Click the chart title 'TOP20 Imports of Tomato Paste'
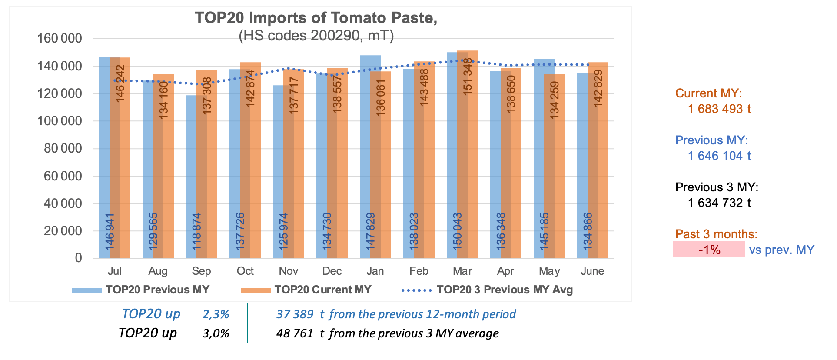click(x=316, y=18)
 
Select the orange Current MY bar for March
click(x=468, y=154)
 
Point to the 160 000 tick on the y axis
click(x=60, y=38)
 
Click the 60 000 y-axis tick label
click(x=63, y=176)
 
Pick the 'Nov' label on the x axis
click(x=289, y=271)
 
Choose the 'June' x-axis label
click(x=592, y=271)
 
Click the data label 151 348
click(x=468, y=76)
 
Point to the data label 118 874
click(x=196, y=231)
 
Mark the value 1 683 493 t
click(x=719, y=109)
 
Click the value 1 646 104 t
click(x=719, y=156)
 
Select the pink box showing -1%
click(x=708, y=249)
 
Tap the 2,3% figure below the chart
click(x=216, y=314)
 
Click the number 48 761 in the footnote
click(x=295, y=333)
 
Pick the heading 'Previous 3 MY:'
click(x=717, y=187)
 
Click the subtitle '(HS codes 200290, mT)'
click(x=316, y=36)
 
